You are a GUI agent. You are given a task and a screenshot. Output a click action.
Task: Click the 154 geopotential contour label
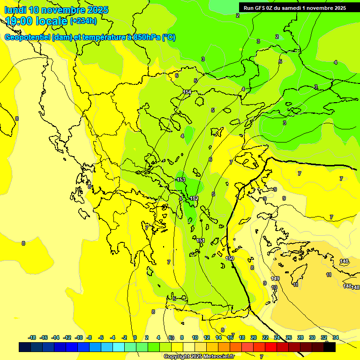[187, 92]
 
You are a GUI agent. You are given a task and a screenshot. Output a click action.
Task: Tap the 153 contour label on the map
[181, 180]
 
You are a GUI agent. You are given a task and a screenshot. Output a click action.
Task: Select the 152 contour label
[194, 198]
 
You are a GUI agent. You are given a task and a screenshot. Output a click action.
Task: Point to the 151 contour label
[201, 240]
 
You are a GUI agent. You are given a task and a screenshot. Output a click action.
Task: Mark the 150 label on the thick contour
[230, 258]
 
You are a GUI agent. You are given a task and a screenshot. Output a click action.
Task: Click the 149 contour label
[275, 278]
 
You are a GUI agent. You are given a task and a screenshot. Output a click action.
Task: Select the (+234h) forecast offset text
[83, 21]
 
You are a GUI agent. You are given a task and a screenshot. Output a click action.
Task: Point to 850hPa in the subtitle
[146, 37]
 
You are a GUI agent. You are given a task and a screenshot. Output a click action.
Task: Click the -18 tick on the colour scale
[32, 337]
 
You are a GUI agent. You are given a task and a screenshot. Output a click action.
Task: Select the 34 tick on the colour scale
[336, 337]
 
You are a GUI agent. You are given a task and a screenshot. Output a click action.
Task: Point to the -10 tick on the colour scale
[79, 337]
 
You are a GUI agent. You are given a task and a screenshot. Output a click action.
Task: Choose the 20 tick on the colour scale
[254, 337]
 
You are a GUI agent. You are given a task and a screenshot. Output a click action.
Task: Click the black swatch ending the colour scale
[330, 347]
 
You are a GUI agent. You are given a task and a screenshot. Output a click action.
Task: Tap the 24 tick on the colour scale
[277, 337]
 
